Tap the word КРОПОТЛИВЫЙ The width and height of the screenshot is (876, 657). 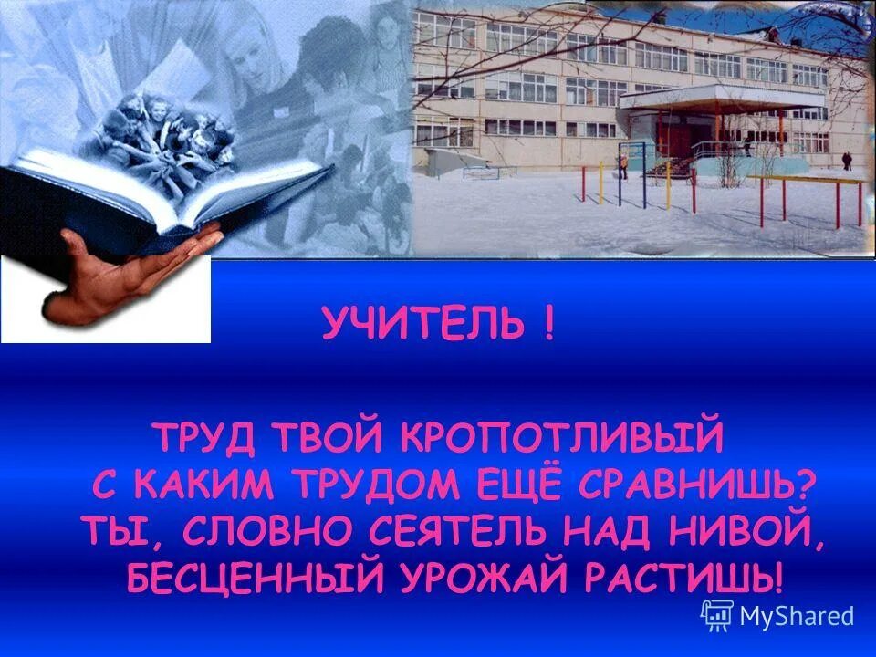(x=562, y=437)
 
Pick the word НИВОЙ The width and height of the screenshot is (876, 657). (x=763, y=531)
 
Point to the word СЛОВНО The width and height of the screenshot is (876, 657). (x=283, y=531)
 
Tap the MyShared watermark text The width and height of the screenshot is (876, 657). (x=796, y=617)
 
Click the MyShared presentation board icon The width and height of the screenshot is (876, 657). (x=718, y=615)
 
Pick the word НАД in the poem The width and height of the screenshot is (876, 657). (x=649, y=531)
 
